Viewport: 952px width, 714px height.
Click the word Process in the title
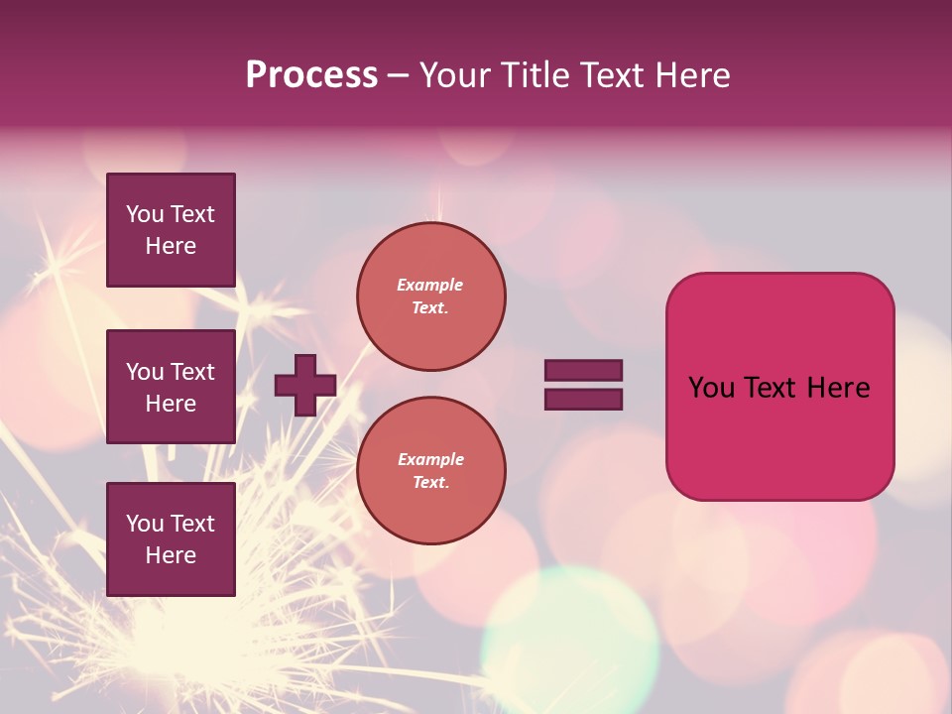click(311, 75)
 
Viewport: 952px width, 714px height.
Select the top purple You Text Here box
click(171, 230)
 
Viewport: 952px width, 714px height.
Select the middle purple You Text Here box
click(171, 387)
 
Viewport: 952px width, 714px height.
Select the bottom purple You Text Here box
click(171, 538)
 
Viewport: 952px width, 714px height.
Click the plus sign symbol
click(305, 385)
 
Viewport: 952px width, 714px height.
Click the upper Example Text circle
click(430, 297)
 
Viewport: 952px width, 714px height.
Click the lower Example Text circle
click(430, 470)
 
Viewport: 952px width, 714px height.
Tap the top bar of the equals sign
click(583, 371)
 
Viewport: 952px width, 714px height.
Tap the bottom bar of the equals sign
click(583, 399)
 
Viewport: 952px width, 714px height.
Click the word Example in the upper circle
click(429, 285)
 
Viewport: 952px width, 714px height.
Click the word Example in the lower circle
click(430, 459)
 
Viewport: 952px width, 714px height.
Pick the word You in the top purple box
click(144, 214)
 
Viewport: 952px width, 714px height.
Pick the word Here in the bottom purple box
click(171, 555)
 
